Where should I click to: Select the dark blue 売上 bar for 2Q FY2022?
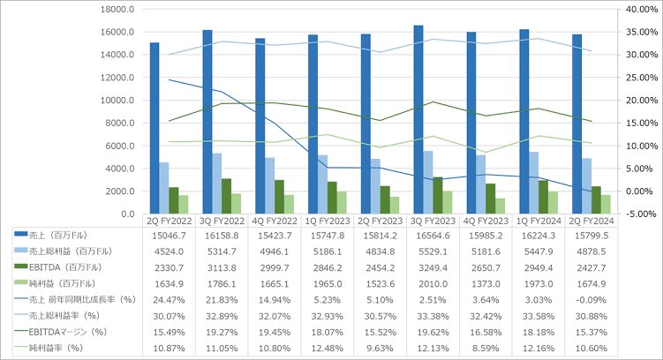pyautogui.click(x=154, y=128)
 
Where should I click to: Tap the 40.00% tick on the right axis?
pyautogui.click(x=641, y=9)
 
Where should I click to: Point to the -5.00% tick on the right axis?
pyautogui.click(x=641, y=214)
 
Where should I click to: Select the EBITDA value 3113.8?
pyautogui.click(x=218, y=266)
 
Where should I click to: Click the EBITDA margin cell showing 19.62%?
pyautogui.click(x=428, y=328)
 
